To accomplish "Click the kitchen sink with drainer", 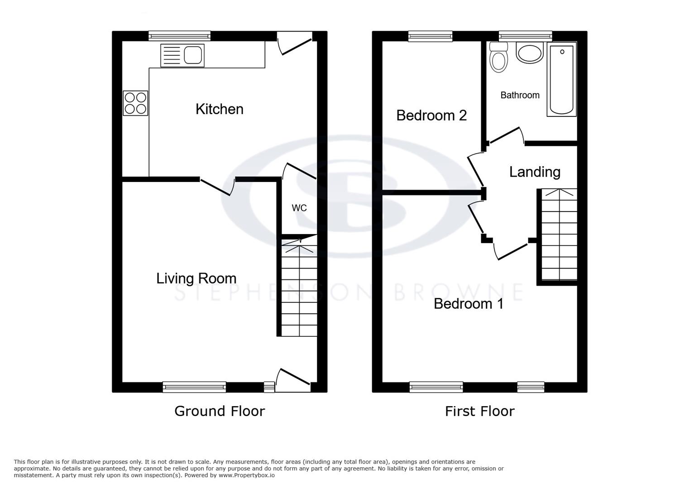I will pos(182,55).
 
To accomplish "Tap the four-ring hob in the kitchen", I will pos(135,103).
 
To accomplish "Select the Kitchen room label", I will pos(219,109).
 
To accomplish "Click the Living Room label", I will pos(196,278).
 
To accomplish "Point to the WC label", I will pos(299,208).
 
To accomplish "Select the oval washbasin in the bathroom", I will pos(529,53).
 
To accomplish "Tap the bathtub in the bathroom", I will pos(561,80).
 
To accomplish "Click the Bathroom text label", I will pos(520,95).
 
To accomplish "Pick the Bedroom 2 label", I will pos(431,115).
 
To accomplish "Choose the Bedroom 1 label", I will pos(468,303).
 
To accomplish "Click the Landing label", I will pos(535,172).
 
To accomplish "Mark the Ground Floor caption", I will pos(220,411).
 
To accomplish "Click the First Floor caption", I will pos(479,411).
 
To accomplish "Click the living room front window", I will pos(194,387).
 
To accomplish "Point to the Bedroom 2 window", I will pos(430,36).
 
